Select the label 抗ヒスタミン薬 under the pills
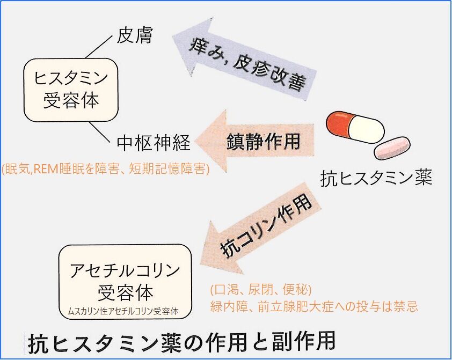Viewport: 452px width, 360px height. point(376,178)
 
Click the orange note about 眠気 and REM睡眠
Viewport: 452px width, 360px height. point(105,169)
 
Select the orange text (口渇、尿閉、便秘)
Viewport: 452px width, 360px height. point(261,290)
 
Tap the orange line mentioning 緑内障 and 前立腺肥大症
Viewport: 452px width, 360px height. point(314,307)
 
